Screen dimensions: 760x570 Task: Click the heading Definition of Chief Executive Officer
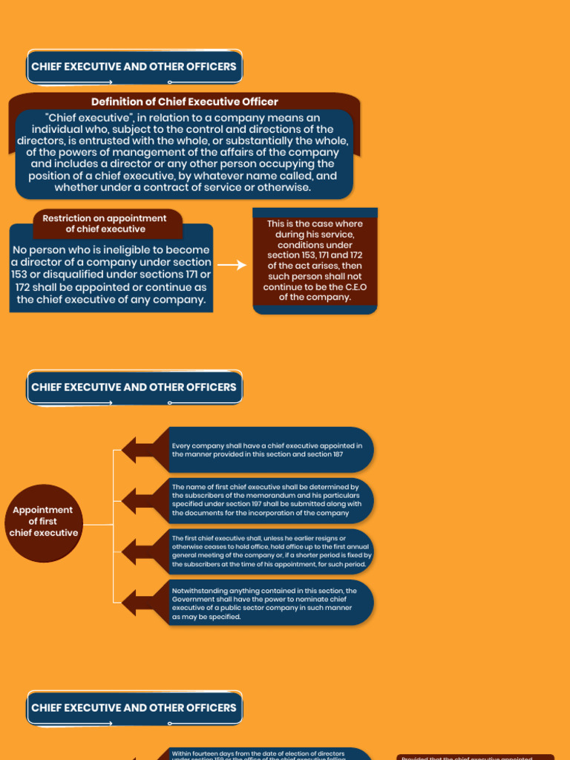tap(184, 102)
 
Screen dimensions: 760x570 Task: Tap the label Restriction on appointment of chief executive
tap(105, 223)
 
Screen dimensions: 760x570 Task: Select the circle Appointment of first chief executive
tap(43, 521)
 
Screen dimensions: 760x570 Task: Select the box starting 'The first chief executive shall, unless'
tap(270, 551)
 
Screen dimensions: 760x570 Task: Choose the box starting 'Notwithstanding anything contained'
tap(264, 603)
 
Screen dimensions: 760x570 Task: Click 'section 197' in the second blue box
tap(237, 504)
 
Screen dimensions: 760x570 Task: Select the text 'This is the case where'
tap(315, 224)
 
